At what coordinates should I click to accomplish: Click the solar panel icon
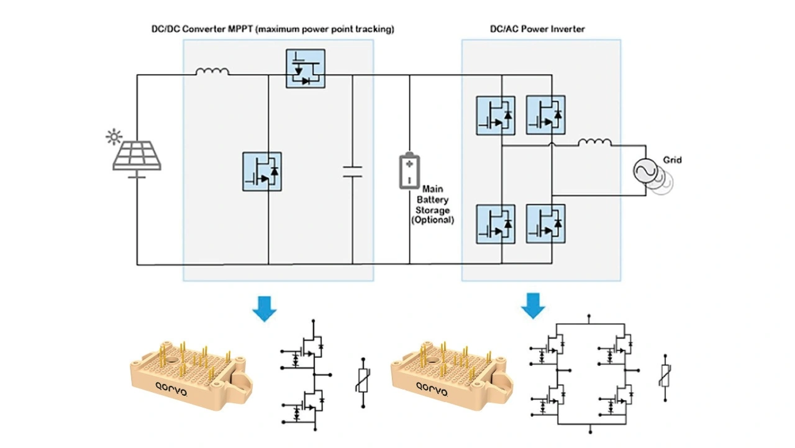pyautogui.click(x=137, y=156)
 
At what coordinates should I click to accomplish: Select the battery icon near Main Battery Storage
pyautogui.click(x=409, y=169)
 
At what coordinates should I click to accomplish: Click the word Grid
pyautogui.click(x=672, y=160)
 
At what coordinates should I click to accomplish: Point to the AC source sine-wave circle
pyautogui.click(x=646, y=170)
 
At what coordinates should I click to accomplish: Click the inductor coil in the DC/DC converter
pyautogui.click(x=212, y=72)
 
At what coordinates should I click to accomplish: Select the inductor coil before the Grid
pyautogui.click(x=594, y=143)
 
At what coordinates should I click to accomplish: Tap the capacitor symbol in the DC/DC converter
pyautogui.click(x=352, y=171)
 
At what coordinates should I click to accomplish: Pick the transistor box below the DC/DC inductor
pyautogui.click(x=261, y=171)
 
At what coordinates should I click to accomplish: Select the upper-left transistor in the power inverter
pyautogui.click(x=496, y=115)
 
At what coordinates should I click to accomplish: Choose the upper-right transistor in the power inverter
pyautogui.click(x=545, y=115)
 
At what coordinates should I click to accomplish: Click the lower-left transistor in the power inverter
pyautogui.click(x=496, y=224)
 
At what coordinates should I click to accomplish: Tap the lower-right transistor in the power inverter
pyautogui.click(x=545, y=224)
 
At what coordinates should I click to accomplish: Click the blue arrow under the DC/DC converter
pyautogui.click(x=265, y=308)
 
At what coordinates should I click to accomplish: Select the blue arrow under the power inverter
pyautogui.click(x=532, y=305)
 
